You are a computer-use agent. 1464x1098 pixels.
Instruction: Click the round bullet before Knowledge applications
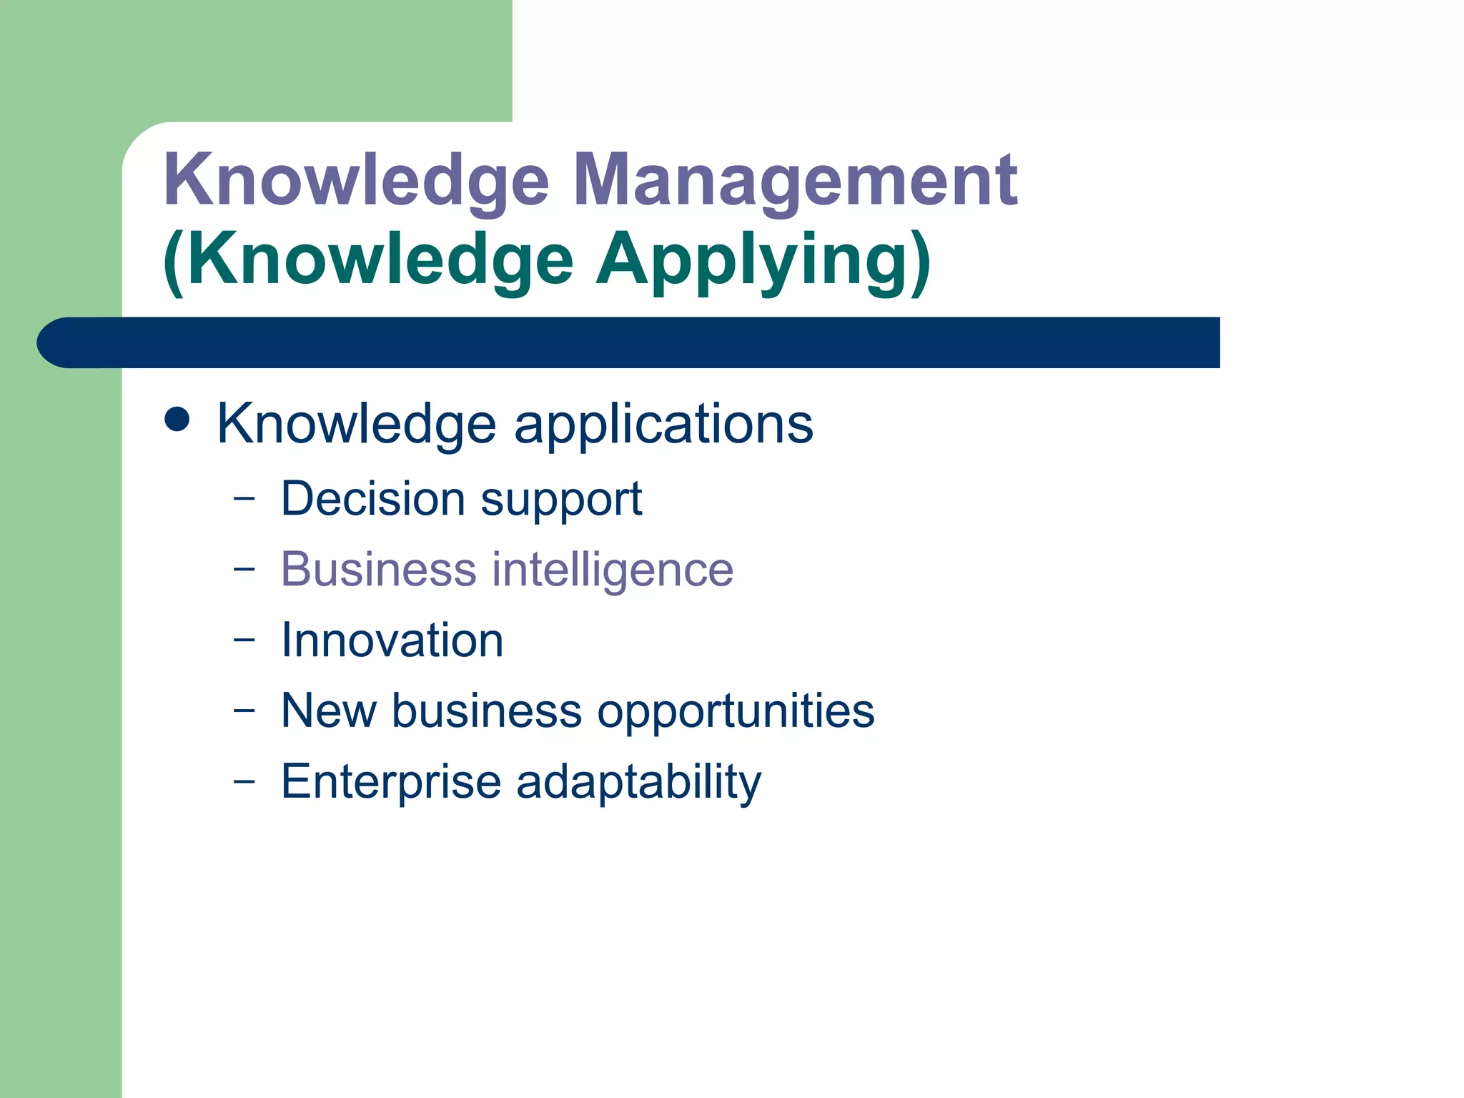coord(177,420)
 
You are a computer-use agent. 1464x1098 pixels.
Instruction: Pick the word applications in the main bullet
coord(663,424)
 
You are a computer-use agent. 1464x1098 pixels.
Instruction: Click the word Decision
coord(373,498)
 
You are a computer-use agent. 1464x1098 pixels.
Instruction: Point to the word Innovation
coord(392,640)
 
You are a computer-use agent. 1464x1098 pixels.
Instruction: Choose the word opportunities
coord(736,712)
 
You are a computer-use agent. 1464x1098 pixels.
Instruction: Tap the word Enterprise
coord(391,781)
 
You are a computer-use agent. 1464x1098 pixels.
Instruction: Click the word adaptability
coord(638,781)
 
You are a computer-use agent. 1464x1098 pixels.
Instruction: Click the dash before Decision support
coord(244,498)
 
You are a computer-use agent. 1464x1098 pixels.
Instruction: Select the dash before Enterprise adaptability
coord(244,781)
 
